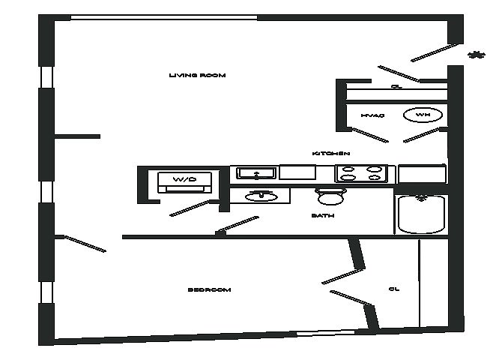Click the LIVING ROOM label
click(x=197, y=76)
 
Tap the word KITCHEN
click(x=331, y=154)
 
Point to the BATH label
click(x=323, y=216)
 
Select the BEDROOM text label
click(x=209, y=289)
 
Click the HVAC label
click(x=372, y=115)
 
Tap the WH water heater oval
click(x=423, y=115)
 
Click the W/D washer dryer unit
click(x=184, y=181)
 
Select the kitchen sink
click(x=256, y=173)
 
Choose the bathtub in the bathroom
click(x=422, y=214)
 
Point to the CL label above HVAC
click(x=396, y=87)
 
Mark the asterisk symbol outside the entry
click(x=475, y=54)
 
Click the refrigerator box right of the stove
click(x=422, y=174)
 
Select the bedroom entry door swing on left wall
click(x=85, y=244)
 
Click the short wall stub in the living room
click(x=77, y=136)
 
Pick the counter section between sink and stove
click(x=297, y=172)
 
